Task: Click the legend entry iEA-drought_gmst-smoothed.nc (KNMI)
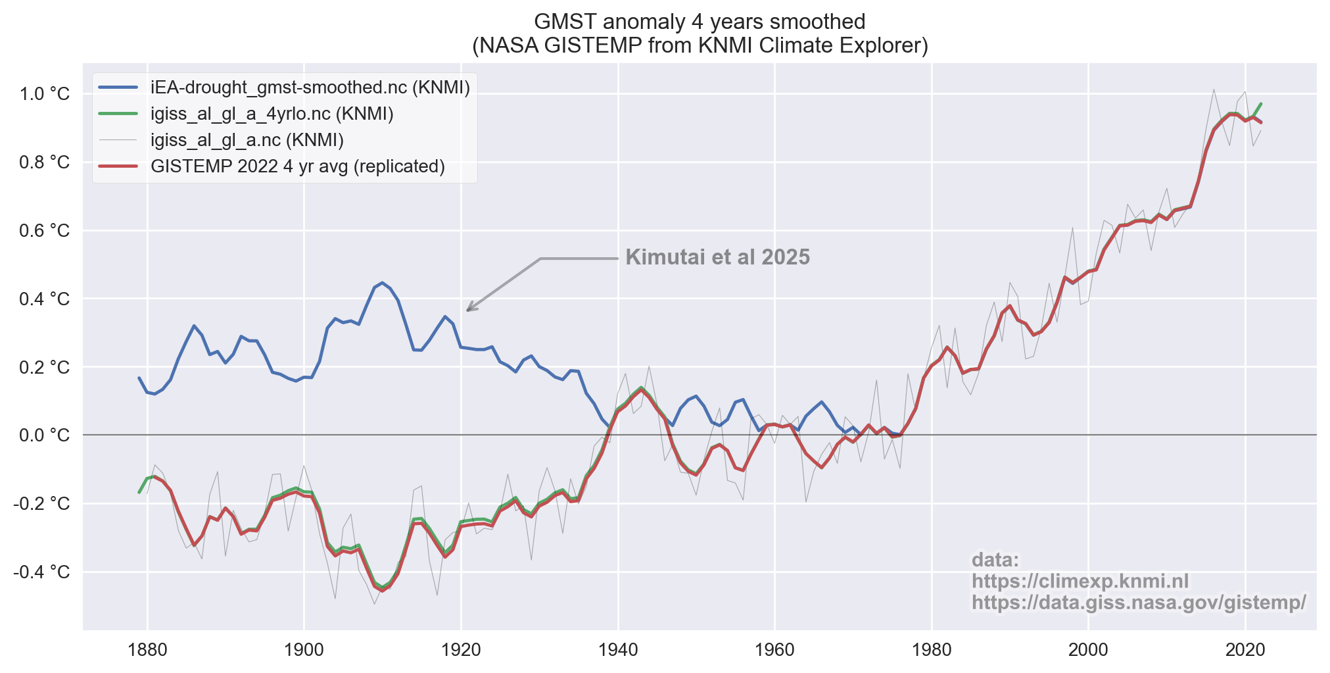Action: point(310,87)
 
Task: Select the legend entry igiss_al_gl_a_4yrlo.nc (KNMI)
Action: point(272,114)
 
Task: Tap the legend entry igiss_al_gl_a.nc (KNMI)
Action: point(247,140)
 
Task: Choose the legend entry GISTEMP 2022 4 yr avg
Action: point(297,166)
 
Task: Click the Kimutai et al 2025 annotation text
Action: point(717,257)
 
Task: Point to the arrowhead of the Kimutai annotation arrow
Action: point(468,310)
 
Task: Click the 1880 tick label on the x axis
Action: point(147,650)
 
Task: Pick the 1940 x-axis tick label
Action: point(618,650)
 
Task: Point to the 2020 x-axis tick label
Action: point(1245,650)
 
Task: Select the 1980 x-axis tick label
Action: point(932,650)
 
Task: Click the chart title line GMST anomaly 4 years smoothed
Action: point(700,22)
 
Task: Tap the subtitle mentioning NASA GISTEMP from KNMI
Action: point(700,45)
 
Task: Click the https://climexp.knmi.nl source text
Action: point(1080,582)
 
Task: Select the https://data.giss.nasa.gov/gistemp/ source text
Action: point(1139,603)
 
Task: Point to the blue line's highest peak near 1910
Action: point(383,283)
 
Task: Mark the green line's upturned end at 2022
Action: point(1260,104)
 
